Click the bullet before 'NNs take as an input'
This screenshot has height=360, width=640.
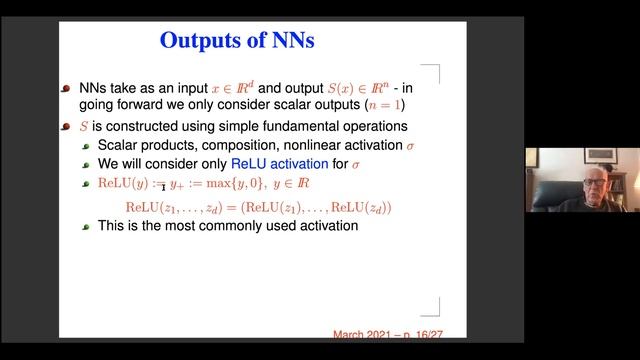click(x=66, y=87)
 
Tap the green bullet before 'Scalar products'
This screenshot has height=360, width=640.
click(x=86, y=146)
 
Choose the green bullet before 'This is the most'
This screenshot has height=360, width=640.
click(x=86, y=227)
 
